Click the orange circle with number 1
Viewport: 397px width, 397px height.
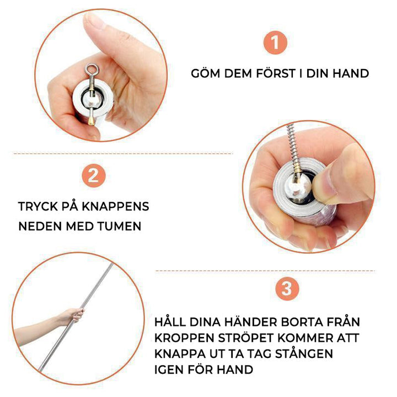tap(275, 42)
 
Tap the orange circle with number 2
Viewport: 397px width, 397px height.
tap(93, 176)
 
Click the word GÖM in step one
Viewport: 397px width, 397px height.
tap(206, 73)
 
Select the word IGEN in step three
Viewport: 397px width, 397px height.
tap(169, 369)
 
